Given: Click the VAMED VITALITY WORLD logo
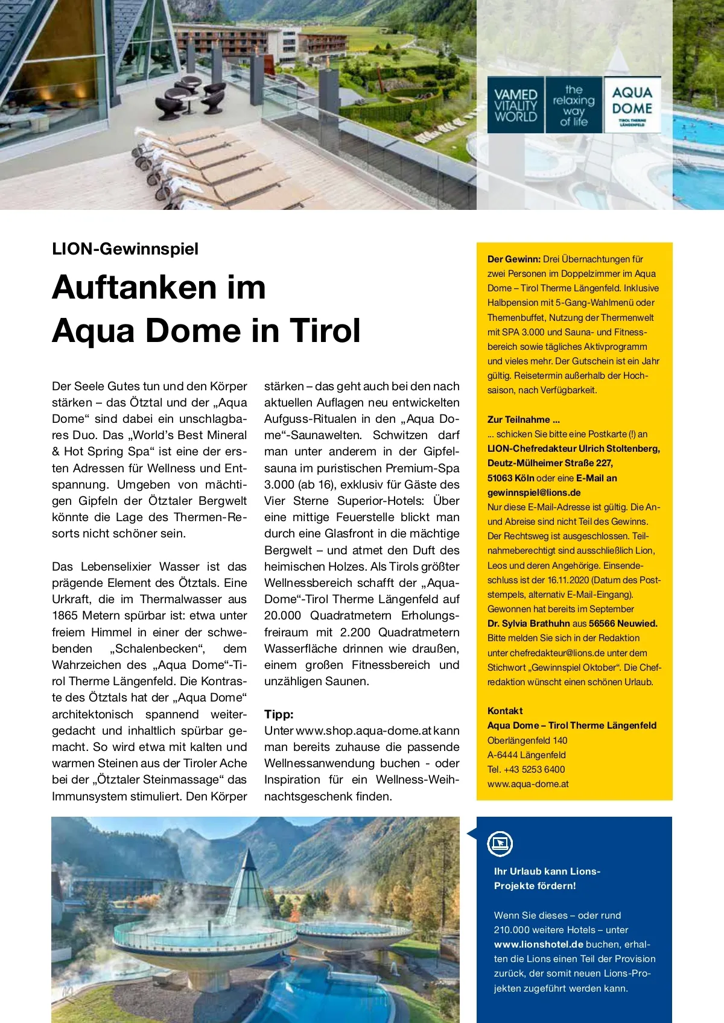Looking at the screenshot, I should pyautogui.click(x=515, y=105).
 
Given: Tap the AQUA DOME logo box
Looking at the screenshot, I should pyautogui.click(x=632, y=105).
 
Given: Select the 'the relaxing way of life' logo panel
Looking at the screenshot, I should pyautogui.click(x=574, y=105).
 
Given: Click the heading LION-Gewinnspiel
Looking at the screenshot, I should pyautogui.click(x=125, y=249).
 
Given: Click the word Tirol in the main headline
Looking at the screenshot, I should pyautogui.click(x=326, y=331).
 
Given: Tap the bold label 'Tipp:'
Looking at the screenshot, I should pyautogui.click(x=279, y=714).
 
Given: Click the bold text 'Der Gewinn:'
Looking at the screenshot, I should pyautogui.click(x=514, y=259).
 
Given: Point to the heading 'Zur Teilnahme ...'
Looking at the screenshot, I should pyautogui.click(x=524, y=419).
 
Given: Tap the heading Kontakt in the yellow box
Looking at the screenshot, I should pyautogui.click(x=505, y=711).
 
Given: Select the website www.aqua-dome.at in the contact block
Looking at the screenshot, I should pyautogui.click(x=528, y=784).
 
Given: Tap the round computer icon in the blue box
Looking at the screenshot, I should pyautogui.click(x=500, y=843).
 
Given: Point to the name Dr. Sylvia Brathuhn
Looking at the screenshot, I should pyautogui.click(x=529, y=623).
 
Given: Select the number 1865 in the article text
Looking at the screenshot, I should pyautogui.click(x=65, y=615).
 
